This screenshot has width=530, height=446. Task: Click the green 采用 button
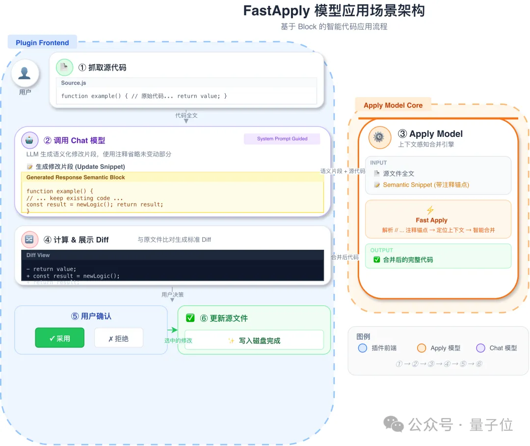(x=60, y=338)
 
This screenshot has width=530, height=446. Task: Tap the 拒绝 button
(x=118, y=338)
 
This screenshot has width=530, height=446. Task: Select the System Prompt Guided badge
(x=282, y=139)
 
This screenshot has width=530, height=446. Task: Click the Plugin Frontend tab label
(x=42, y=43)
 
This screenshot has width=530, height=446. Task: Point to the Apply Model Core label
(x=393, y=105)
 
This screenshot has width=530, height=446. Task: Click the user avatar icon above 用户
(x=25, y=73)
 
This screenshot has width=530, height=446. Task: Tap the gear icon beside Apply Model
(x=379, y=137)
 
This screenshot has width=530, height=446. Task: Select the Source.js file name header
(x=74, y=83)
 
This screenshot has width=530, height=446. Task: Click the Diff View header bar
(x=172, y=255)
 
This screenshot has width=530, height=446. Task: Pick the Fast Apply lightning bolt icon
(x=430, y=210)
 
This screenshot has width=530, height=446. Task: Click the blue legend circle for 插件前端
(x=363, y=348)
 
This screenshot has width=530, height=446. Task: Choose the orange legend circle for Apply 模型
(x=421, y=348)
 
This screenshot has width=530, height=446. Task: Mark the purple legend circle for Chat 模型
(x=480, y=348)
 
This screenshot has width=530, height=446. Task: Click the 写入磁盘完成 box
(x=254, y=340)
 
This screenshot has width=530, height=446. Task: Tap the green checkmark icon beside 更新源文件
(x=190, y=318)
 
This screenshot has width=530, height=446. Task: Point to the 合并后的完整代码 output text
(x=408, y=260)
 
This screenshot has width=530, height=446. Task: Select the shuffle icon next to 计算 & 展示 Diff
(x=29, y=239)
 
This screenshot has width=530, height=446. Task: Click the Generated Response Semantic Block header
(x=76, y=178)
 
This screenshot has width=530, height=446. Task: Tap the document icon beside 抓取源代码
(x=64, y=67)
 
